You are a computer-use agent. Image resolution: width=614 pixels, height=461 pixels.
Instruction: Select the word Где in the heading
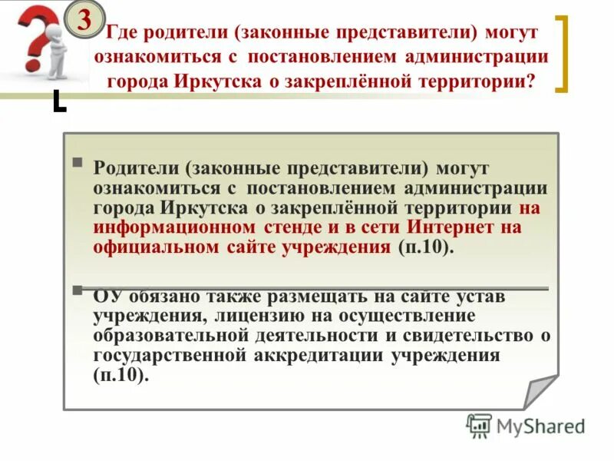point(121,34)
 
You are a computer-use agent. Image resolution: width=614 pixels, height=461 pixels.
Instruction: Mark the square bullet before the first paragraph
point(78,163)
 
